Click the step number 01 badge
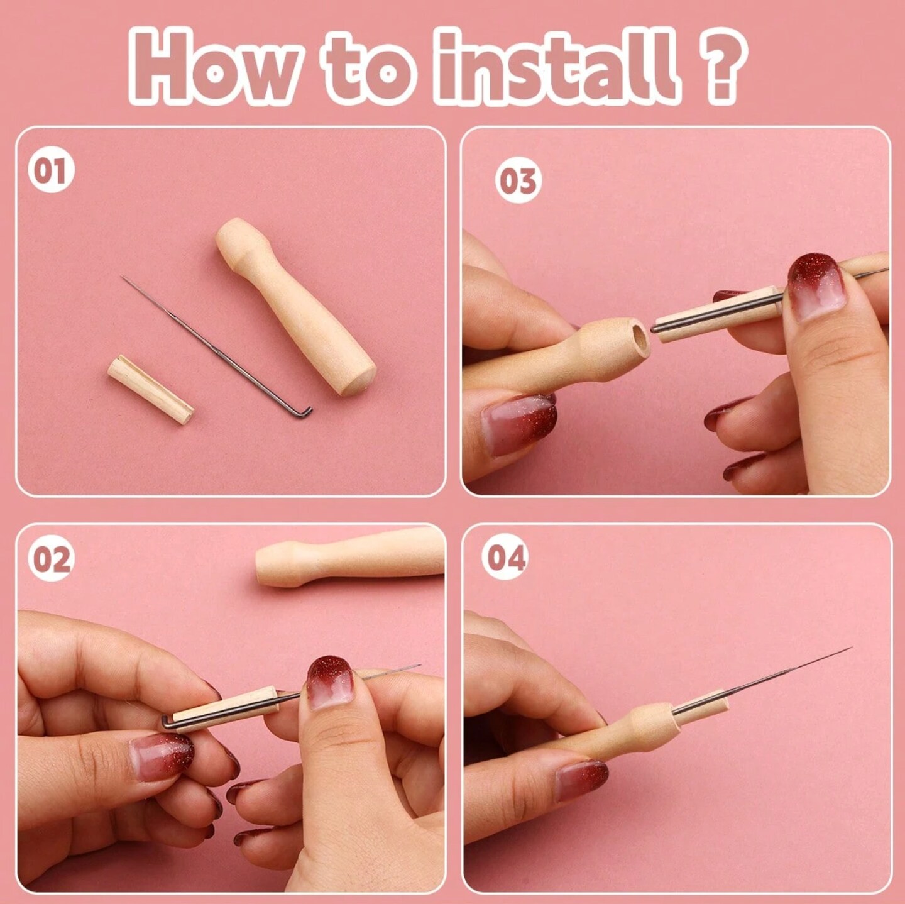(51, 170)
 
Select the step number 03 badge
(518, 180)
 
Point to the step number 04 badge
(505, 557)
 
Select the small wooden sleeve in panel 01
(150, 389)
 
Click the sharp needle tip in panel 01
(123, 278)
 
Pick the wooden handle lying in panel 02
(350, 557)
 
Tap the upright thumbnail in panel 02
(330, 682)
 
